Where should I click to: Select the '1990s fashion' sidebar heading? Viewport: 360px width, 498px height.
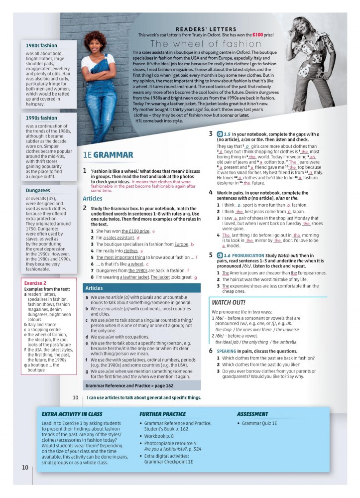coord(41,118)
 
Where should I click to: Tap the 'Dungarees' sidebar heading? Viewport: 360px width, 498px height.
coord(38,190)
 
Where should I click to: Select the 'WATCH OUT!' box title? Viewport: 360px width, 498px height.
coord(228,302)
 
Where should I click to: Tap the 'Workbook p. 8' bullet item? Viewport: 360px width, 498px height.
coord(159,436)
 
